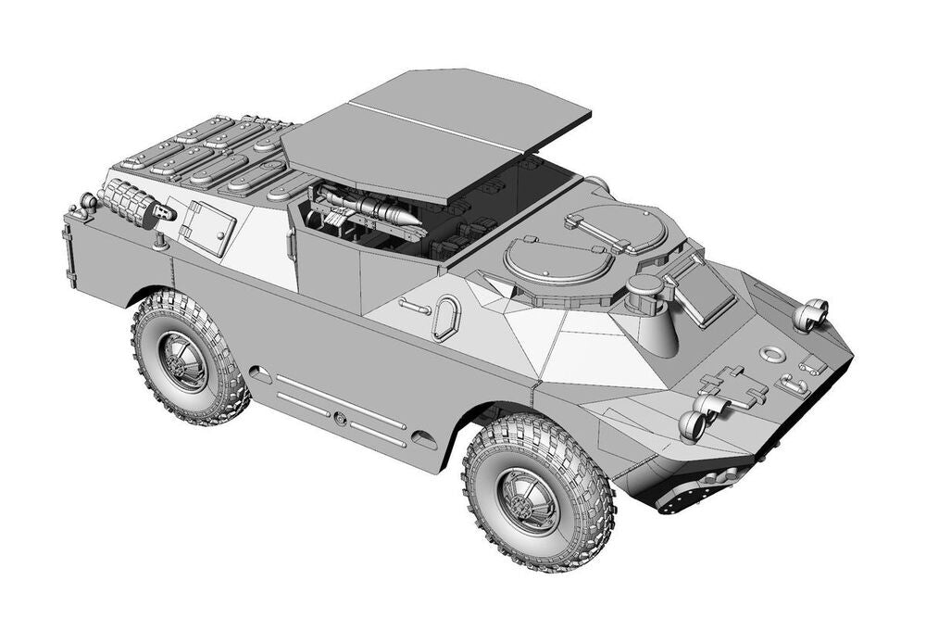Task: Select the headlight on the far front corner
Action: click(811, 315)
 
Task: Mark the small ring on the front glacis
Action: click(770, 353)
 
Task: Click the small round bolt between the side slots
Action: click(341, 420)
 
